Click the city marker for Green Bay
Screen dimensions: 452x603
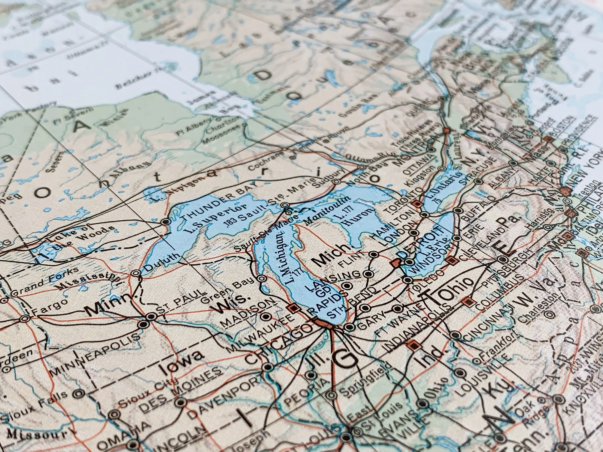coord(261,278)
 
